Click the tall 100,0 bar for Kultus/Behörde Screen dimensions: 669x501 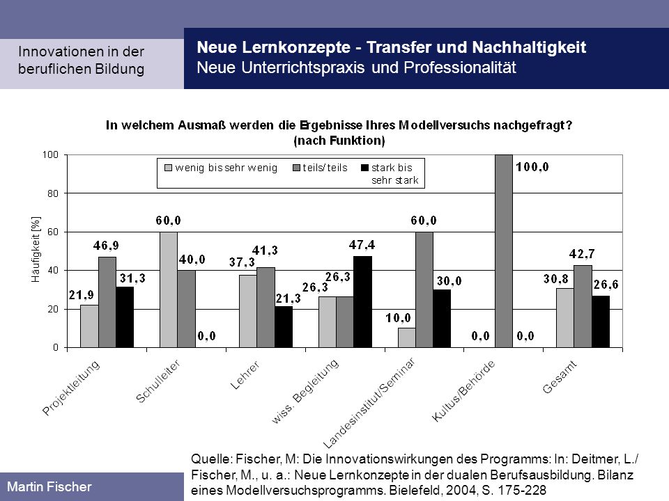[504, 251]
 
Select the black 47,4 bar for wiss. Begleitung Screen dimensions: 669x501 [362, 301]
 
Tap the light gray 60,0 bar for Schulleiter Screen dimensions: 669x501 [169, 289]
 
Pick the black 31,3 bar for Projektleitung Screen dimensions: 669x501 [125, 317]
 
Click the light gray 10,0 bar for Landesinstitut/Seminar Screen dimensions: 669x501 [406, 338]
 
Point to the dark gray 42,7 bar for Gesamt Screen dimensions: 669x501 [583, 306]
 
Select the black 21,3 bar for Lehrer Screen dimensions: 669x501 [284, 327]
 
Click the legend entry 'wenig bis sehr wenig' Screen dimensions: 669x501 [221, 168]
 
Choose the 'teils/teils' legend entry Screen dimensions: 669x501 [320, 168]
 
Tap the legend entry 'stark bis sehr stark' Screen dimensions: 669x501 [390, 174]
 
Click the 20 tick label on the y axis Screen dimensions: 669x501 [53, 309]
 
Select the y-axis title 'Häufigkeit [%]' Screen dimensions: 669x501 [36, 249]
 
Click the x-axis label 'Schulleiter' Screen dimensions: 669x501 [158, 381]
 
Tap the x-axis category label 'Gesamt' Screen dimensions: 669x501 [560, 377]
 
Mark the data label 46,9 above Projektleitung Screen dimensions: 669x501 [106, 246]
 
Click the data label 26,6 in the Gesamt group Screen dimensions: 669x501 [606, 285]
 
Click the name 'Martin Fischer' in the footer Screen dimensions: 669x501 [49, 486]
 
